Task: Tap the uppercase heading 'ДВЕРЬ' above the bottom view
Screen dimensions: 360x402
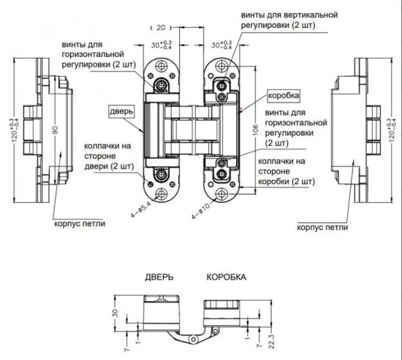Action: pos(159,278)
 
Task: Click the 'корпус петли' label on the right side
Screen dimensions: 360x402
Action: pos(320,228)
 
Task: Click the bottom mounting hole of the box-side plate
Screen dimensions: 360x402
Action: pos(222,192)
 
